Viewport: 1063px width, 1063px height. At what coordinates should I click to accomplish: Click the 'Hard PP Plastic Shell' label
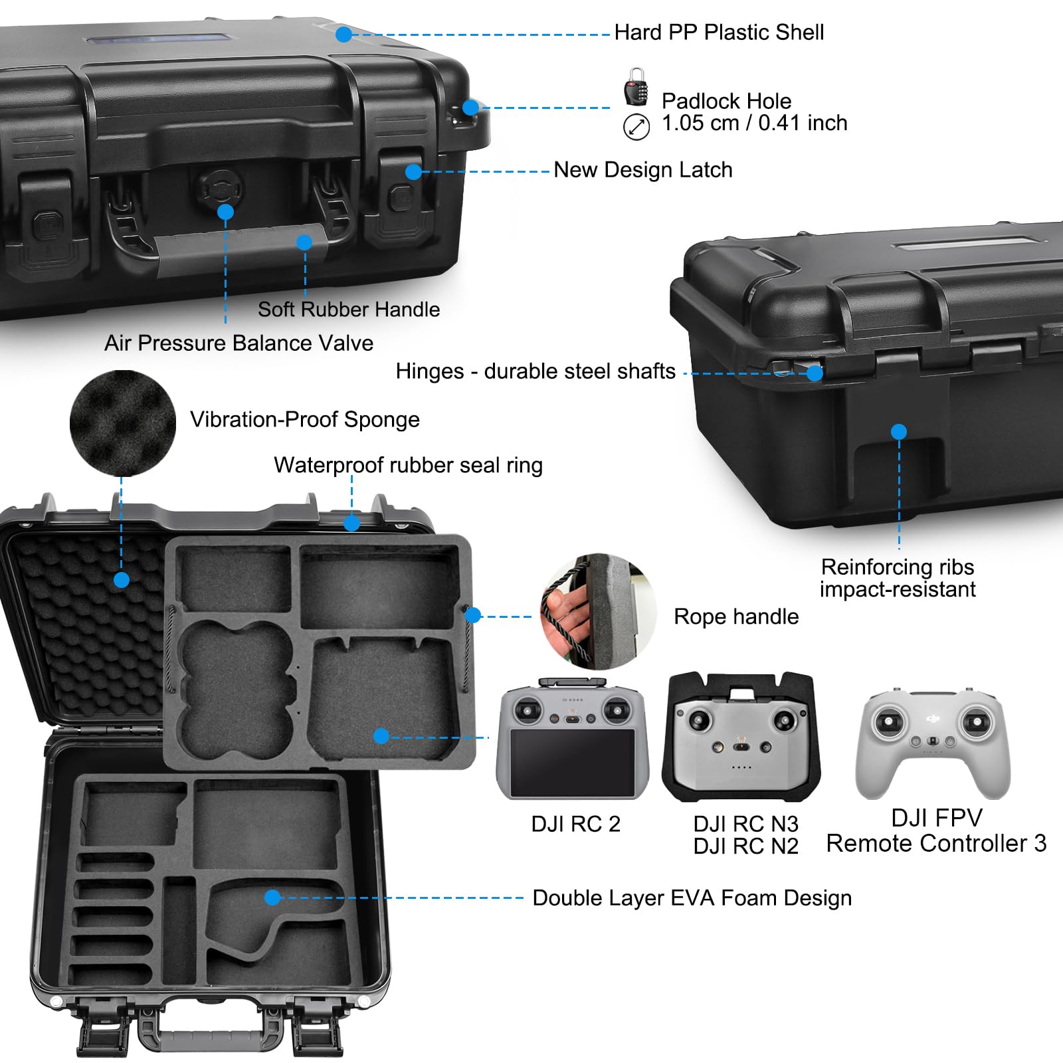719,33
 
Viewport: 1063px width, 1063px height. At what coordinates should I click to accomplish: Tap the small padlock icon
636,87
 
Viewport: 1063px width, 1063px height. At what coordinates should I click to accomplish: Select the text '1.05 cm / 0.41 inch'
754,124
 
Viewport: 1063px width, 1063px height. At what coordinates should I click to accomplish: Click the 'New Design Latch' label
642,170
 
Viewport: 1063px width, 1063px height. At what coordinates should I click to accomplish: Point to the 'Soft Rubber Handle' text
349,310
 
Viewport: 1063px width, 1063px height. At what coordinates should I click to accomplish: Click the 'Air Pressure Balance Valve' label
239,343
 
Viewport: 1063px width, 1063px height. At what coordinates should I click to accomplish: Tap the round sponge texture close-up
123,423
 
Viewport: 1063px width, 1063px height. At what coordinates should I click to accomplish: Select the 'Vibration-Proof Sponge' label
304,420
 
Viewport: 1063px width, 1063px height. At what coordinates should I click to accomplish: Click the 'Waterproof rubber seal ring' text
408,466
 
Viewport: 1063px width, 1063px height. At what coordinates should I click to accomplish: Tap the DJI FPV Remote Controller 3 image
933,744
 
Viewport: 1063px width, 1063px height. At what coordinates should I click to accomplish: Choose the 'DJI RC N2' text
745,846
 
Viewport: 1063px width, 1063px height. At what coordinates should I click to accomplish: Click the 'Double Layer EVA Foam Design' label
692,898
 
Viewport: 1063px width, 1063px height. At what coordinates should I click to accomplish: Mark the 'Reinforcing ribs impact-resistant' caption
898,578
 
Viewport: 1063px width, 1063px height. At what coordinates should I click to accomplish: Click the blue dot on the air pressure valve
225,212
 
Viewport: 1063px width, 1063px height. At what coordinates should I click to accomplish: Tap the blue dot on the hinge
815,373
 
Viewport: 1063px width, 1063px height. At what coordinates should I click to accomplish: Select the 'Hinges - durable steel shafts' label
535,371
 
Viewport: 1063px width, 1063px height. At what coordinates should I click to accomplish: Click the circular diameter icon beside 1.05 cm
636,126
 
